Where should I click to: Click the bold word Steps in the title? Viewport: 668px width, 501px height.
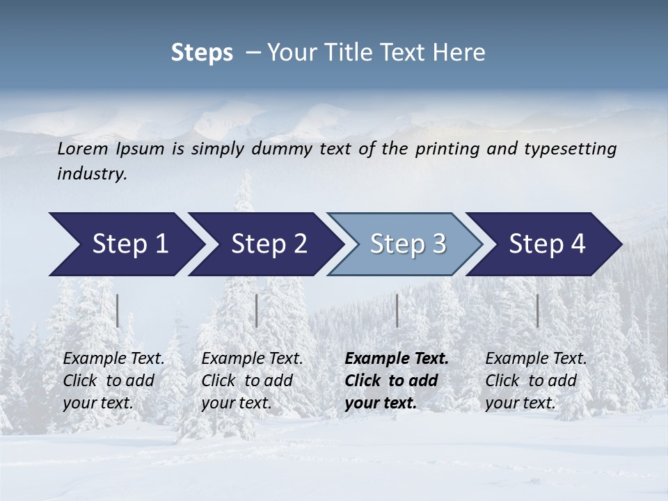click(x=202, y=53)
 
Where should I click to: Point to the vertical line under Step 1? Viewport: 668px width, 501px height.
click(x=118, y=310)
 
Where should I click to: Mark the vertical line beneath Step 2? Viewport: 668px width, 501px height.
click(x=257, y=310)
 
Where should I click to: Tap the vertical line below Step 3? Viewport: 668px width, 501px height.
click(x=397, y=310)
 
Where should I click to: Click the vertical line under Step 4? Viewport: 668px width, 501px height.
click(x=538, y=310)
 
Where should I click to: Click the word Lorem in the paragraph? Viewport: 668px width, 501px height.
click(x=83, y=149)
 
